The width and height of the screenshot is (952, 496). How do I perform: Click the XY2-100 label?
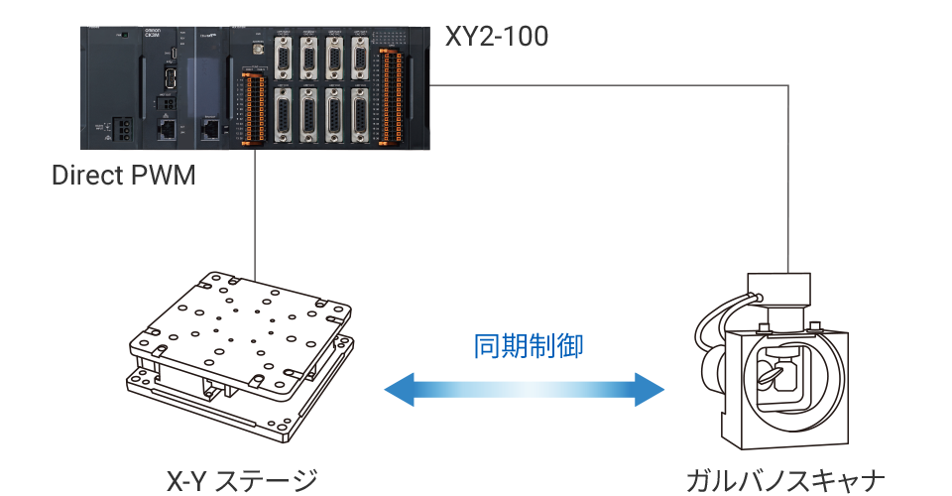pos(495,37)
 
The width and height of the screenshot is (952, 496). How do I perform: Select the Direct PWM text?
pos(123,177)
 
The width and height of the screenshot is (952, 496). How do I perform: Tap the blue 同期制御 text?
pos(528,346)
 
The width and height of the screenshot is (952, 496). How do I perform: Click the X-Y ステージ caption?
pos(242,481)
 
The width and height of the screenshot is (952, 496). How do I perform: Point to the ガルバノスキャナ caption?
pos(784,481)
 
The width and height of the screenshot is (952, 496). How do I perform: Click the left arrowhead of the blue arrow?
pos(399,389)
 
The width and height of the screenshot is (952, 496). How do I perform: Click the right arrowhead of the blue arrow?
pos(650,389)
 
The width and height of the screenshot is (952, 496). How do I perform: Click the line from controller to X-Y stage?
pos(257,213)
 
